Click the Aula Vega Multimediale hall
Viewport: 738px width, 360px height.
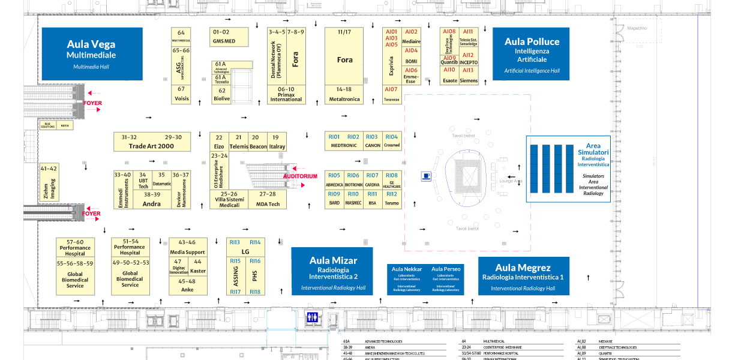[x=91, y=54]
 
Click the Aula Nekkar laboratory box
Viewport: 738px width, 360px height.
[x=407, y=278]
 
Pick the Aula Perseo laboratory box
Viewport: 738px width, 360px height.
[x=445, y=278]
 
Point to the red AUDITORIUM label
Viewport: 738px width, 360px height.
[x=300, y=176]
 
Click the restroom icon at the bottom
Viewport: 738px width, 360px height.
[x=313, y=317]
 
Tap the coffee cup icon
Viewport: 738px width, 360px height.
[x=426, y=176]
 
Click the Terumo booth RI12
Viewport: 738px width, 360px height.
[x=391, y=199]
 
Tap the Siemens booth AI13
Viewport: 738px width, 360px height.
[x=469, y=76]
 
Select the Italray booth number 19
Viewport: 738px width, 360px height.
[x=277, y=142]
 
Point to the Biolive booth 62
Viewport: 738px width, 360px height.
[x=222, y=95]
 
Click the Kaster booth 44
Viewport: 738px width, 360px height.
[x=197, y=266]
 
